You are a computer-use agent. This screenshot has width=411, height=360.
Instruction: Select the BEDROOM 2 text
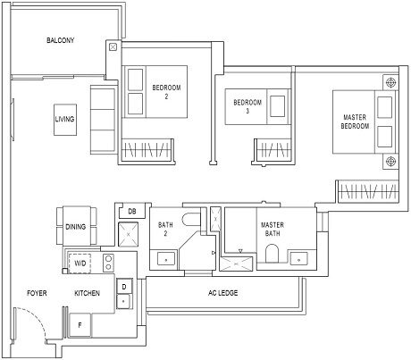166,92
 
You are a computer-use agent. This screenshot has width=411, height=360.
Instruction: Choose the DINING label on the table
76,227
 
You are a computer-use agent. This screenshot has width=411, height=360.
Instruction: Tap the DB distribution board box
131,212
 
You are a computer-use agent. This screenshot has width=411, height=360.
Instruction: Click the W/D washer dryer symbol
80,264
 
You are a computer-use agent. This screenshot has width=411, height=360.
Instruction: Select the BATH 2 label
166,230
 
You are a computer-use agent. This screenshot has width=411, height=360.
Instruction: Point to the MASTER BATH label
272,230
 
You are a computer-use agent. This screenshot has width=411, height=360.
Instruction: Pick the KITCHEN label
87,293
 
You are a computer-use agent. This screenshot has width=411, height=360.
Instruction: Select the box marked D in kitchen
124,287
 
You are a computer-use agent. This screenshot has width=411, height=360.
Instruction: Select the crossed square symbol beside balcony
112,48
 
